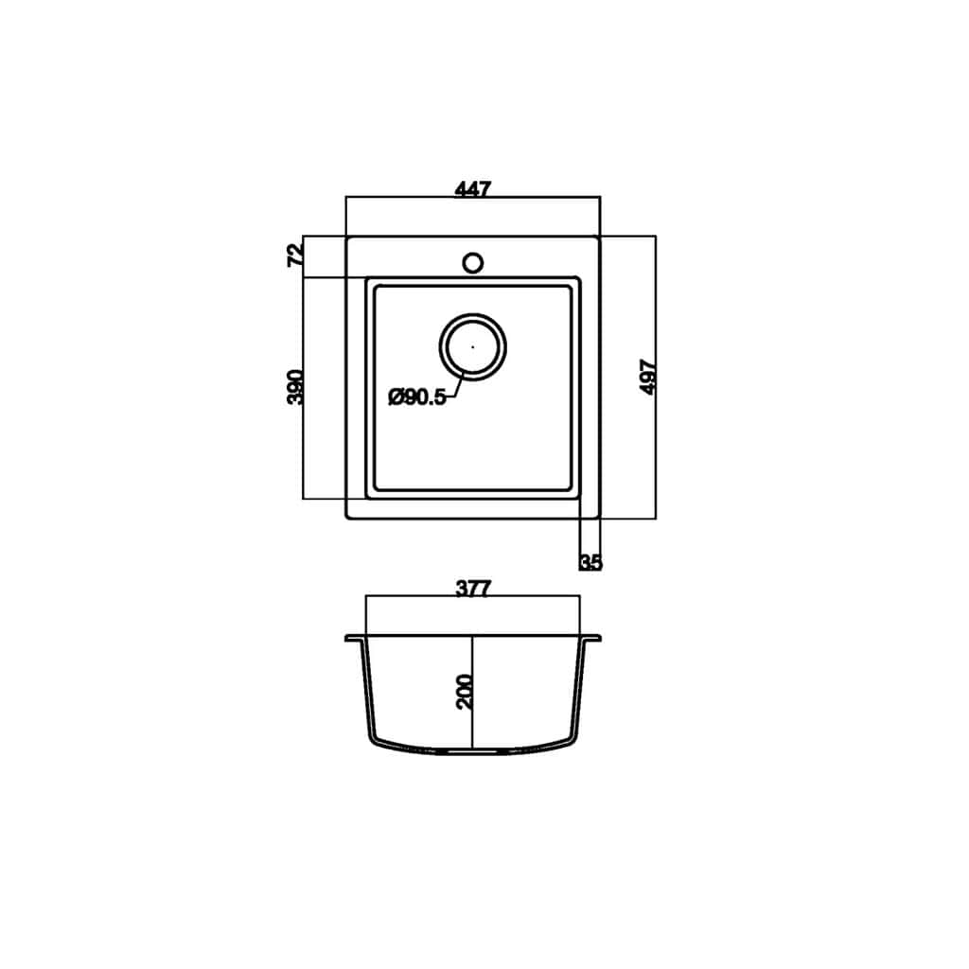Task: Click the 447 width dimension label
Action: [x=473, y=188]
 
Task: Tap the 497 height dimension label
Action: [x=648, y=377]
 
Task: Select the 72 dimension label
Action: [x=296, y=255]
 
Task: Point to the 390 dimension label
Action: [x=296, y=387]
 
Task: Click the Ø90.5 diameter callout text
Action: [x=417, y=397]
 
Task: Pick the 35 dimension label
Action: [x=590, y=563]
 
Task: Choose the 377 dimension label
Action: [x=473, y=589]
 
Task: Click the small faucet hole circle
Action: [x=473, y=263]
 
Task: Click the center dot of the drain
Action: [x=473, y=347]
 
